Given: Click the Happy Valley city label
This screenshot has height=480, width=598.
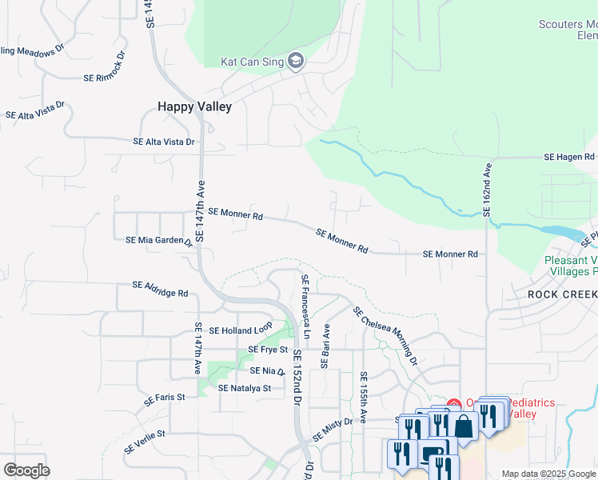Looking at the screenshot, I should [194, 106].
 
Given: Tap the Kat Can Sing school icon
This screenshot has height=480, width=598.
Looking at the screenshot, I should [296, 62].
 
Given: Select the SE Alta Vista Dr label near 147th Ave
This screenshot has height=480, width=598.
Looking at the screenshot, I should [163, 142].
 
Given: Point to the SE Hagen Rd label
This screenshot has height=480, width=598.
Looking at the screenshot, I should [570, 158].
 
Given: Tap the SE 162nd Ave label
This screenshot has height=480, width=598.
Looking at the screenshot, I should [487, 190].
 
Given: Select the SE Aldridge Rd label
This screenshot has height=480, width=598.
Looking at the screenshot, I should [160, 289].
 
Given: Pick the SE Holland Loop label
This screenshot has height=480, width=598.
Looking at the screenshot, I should [241, 330].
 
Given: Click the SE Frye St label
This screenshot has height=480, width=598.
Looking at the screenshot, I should [266, 350].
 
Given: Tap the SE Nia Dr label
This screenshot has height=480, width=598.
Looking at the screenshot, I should [268, 371].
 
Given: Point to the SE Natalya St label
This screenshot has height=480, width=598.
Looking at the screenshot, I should [245, 388].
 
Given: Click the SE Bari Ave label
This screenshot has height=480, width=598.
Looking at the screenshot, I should [325, 346].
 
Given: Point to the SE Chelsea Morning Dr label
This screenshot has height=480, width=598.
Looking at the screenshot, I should [385, 337].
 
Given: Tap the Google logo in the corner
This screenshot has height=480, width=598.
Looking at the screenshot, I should [26, 470].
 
